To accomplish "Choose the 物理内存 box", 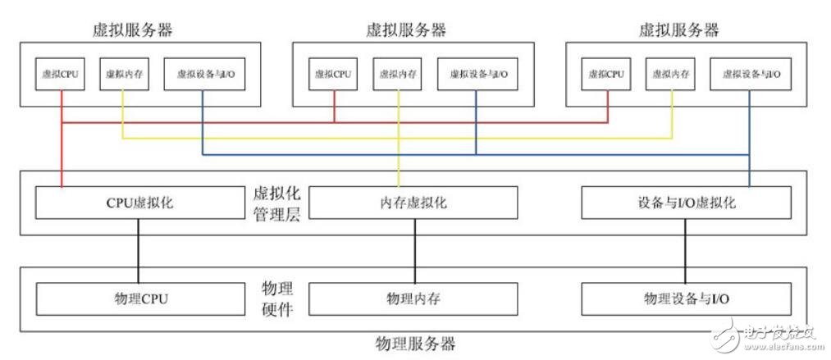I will pos(413,298).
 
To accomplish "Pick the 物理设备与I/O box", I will pos(686,298).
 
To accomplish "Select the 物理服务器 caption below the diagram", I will pos(414,343).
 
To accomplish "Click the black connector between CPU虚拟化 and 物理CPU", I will pos(138,251).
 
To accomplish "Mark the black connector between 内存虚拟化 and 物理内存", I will pos(413,251).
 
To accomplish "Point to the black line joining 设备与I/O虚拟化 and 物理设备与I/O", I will pos(686,251).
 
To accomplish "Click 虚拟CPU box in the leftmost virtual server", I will pos(60,74).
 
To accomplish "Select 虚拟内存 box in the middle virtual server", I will pos(398,74).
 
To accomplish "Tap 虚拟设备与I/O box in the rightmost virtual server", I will pos(751,74).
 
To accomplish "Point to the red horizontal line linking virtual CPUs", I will pos(246,122).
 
